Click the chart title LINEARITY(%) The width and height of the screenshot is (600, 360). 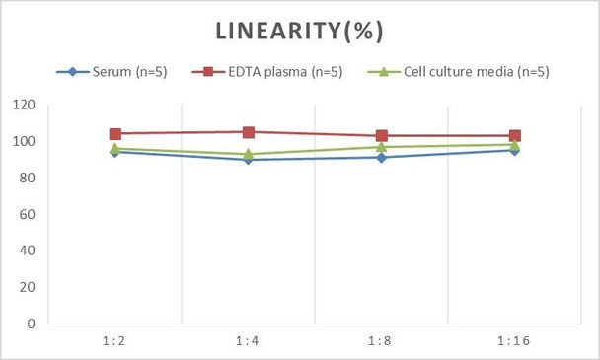click(300, 31)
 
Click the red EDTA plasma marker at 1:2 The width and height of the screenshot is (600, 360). click(115, 134)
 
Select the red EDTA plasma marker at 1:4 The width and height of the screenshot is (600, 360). click(249, 132)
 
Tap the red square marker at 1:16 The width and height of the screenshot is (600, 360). click(514, 136)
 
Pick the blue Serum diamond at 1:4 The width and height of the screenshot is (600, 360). click(249, 159)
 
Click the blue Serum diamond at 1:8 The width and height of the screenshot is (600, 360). click(381, 157)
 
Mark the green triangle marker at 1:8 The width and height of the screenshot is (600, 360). click(381, 147)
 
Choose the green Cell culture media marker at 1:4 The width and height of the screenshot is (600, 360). click(249, 153)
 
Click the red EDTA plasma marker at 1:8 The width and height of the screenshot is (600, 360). click(381, 136)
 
